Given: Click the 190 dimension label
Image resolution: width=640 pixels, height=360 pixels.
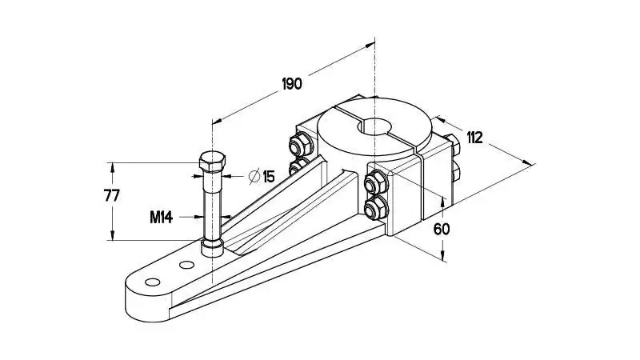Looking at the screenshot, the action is point(292,84).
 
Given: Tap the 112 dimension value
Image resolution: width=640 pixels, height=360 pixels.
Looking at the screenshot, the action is point(474,138).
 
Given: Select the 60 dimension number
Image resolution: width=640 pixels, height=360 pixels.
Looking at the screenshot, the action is point(442,229).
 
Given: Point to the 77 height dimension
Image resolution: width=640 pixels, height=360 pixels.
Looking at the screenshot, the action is point(111,196).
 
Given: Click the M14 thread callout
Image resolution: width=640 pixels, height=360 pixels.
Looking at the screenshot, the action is point(162,218).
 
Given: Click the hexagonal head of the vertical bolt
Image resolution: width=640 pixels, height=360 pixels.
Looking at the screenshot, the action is point(212,162).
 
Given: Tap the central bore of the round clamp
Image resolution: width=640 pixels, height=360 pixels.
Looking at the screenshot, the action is point(374,126).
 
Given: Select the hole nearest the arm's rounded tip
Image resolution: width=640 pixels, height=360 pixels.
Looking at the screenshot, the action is point(152,282).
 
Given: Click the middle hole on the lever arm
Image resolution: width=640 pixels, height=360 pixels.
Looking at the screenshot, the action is point(186,265).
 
